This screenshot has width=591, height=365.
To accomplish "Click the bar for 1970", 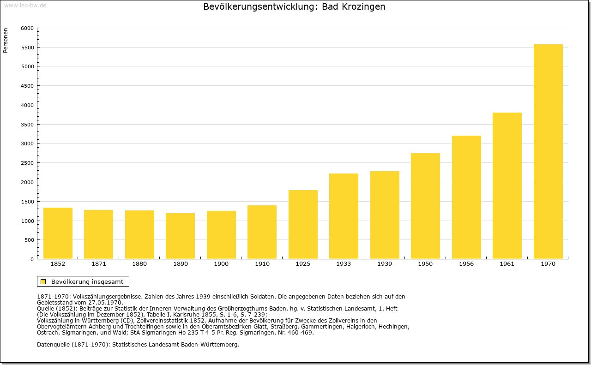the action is tap(548, 152).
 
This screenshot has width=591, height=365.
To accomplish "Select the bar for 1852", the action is tap(58, 233).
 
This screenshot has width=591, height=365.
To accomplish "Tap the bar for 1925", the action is tap(303, 224).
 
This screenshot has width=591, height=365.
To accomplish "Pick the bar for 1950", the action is tap(425, 206).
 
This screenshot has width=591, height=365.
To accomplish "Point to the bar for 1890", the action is tap(180, 236).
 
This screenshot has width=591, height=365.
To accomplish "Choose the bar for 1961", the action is tap(507, 185).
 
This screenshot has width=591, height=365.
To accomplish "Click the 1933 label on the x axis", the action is tap(344, 264).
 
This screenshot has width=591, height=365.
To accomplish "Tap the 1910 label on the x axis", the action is tap(262, 264).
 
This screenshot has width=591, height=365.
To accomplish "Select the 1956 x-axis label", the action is tap(466, 264).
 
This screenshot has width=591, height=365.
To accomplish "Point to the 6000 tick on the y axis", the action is tap(27, 28).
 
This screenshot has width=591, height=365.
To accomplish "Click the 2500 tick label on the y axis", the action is tap(27, 163).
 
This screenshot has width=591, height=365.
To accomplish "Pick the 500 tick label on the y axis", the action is tap(29, 240).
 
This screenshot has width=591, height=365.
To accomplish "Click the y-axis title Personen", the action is tap(6, 40).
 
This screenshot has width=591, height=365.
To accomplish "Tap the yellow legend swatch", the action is tap(43, 281).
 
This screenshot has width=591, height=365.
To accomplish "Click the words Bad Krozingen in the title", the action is tap(354, 6).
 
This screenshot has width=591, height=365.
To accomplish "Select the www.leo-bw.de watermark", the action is tap(25, 6).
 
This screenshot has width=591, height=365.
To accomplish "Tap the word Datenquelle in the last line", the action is tap(53, 345).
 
